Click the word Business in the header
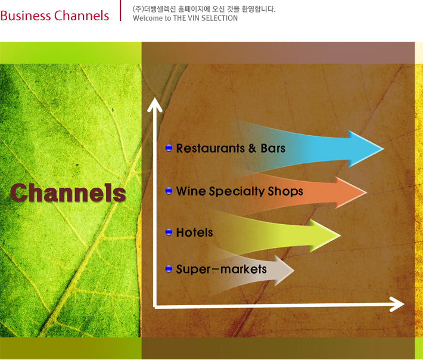(26, 15)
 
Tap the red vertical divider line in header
(120, 10)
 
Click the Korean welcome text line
(204, 9)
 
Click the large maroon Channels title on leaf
(68, 193)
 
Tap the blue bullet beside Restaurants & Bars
(169, 148)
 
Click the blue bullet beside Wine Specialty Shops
(169, 191)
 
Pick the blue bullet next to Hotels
(169, 232)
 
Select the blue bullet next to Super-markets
(169, 269)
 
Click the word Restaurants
(210, 148)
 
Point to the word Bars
(273, 148)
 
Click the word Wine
(191, 191)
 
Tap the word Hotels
(194, 232)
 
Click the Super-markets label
(221, 269)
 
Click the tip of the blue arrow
(383, 148)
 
